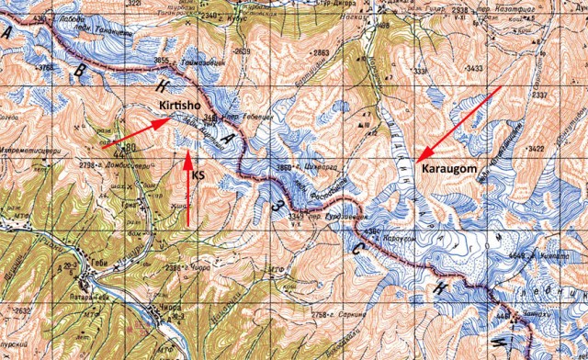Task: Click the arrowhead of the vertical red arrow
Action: (x=187, y=153)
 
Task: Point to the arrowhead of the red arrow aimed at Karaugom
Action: (x=418, y=162)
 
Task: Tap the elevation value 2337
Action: (x=565, y=95)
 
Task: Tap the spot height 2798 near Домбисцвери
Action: (x=92, y=163)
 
